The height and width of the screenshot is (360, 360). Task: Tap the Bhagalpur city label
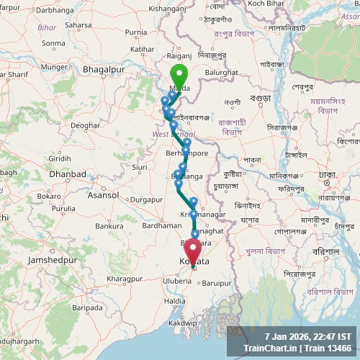(x=99, y=68)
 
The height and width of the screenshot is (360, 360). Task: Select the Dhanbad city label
(x=67, y=174)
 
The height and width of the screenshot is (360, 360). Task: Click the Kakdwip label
(x=184, y=324)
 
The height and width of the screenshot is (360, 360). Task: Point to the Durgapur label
(x=148, y=199)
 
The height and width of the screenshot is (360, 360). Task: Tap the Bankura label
(x=109, y=226)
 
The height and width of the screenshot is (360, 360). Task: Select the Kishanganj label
(x=167, y=7)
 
